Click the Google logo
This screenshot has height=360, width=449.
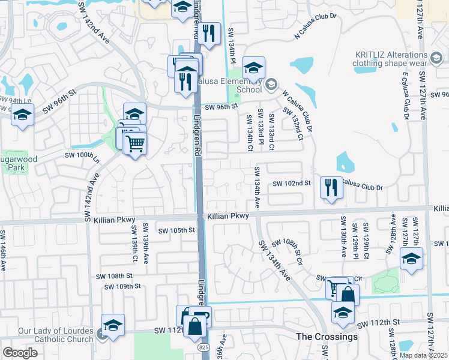(20, 353)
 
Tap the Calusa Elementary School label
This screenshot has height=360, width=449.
(249, 85)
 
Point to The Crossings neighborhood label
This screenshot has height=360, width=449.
(327, 337)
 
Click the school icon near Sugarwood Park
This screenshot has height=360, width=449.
(22, 115)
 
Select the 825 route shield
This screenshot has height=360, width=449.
(205, 347)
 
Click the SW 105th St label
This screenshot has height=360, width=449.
(177, 230)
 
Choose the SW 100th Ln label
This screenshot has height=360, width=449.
(85, 155)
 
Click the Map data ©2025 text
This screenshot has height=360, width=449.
(424, 355)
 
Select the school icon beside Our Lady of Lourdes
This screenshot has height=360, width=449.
(113, 325)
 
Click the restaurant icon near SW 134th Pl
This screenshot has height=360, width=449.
(209, 35)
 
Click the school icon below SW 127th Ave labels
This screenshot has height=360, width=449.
(411, 259)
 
